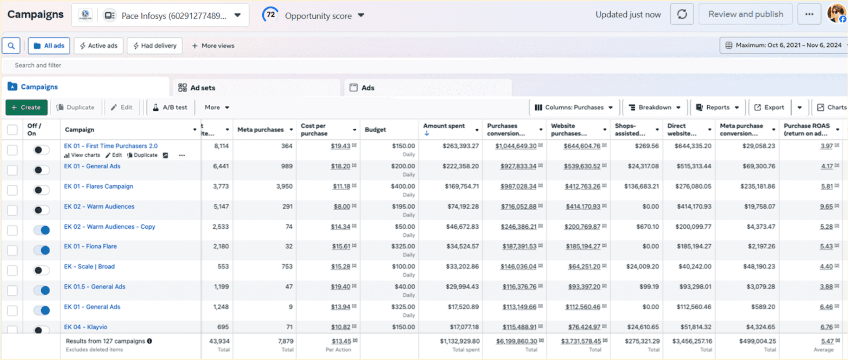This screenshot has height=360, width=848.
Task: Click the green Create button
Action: tap(26, 107)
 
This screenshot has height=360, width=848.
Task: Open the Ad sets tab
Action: tap(197, 88)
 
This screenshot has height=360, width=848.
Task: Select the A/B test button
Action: tap(170, 107)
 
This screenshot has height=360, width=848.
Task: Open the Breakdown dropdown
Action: tap(654, 107)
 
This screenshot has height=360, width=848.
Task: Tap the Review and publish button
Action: tap(745, 14)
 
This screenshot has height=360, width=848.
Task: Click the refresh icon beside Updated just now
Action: tap(682, 14)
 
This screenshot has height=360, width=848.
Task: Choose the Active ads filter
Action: tap(99, 46)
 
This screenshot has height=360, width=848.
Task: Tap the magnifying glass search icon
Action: tap(11, 46)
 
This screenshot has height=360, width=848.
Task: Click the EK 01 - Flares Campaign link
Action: tap(99, 186)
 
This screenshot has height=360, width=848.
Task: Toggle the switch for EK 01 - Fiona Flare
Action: tap(42, 250)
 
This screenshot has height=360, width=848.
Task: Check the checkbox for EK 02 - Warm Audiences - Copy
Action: tap(13, 230)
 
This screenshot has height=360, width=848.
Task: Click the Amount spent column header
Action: tap(444, 126)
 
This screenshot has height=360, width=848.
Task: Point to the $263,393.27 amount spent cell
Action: tap(460, 146)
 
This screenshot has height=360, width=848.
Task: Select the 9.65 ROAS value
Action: tap(826, 207)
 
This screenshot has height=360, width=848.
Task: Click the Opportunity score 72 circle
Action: tap(270, 15)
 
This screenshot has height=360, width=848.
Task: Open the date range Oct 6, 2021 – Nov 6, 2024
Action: tap(784, 45)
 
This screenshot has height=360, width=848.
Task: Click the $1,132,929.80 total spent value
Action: tap(459, 341)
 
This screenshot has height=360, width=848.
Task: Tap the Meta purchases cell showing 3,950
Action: tap(284, 186)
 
